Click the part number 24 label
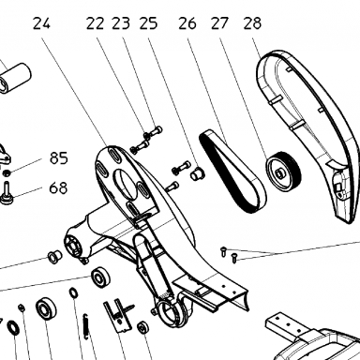[x=41, y=23]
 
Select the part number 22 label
[x=96, y=23]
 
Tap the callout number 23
[x=121, y=23]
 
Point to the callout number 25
[x=148, y=23]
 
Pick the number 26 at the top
[x=187, y=23]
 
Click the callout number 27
[x=220, y=23]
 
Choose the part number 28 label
[x=252, y=23]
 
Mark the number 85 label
[x=59, y=158]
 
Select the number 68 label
[x=58, y=188]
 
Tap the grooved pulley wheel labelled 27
[x=284, y=171]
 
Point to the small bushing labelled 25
[x=198, y=173]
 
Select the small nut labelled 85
[x=7, y=172]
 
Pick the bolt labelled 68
[x=7, y=194]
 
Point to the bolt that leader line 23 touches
[x=154, y=131]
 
